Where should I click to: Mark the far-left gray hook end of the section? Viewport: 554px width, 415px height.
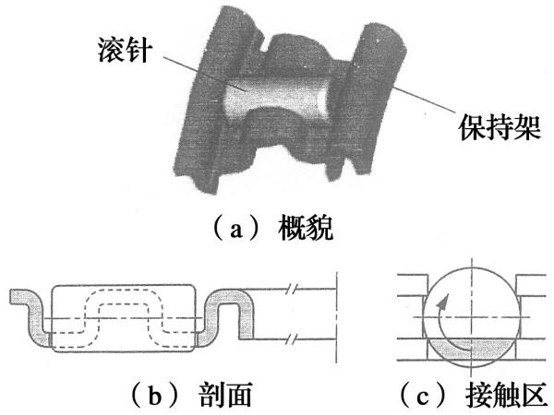(x=22, y=298)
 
